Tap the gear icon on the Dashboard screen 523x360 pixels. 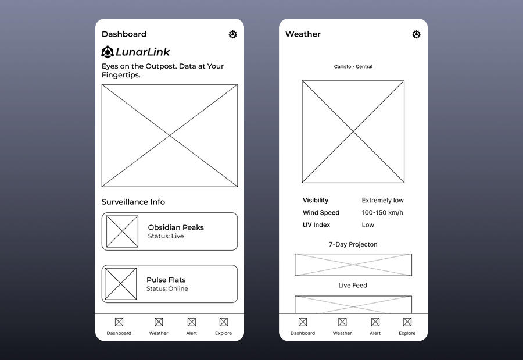tap(233, 34)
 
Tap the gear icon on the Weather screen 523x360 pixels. tap(417, 34)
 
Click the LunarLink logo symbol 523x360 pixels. tap(108, 52)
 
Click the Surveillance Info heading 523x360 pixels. tap(133, 202)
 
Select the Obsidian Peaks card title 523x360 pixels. tap(175, 227)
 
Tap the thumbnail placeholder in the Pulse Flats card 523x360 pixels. tap(121, 284)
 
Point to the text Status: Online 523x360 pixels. tap(167, 288)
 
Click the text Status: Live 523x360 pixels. tap(166, 236)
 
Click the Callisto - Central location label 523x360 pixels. tap(353, 67)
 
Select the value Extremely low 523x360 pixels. tap(382, 200)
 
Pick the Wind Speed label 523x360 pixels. tap(321, 212)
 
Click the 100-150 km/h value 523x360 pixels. tap(382, 212)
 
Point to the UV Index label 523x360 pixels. tap(316, 225)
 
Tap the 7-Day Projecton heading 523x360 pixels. tap(353, 244)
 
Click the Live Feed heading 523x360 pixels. tap(353, 286)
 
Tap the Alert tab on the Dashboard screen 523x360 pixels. tap(191, 326)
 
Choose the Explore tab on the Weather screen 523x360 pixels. tap(407, 326)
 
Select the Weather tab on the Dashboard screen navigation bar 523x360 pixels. tap(158, 326)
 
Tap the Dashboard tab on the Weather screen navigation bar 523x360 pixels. tap(303, 326)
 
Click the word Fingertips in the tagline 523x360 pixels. tap(120, 75)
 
